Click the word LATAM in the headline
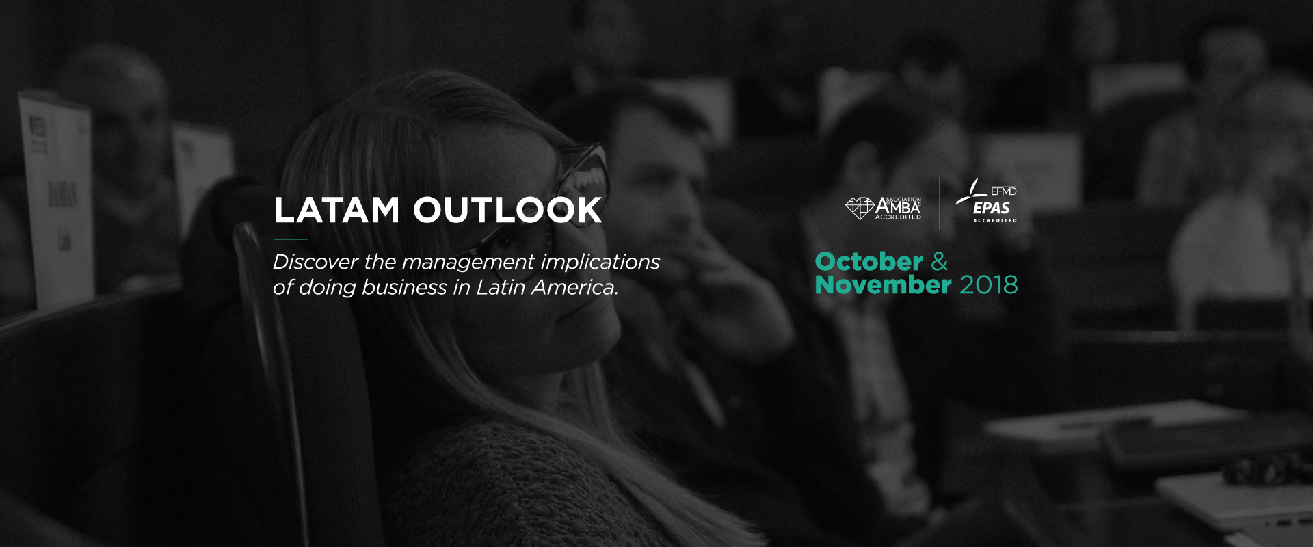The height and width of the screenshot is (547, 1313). pyautogui.click(x=336, y=210)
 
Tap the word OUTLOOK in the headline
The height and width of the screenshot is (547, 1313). pyautogui.click(x=507, y=210)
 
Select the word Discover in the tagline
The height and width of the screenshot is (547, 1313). pyautogui.click(x=315, y=262)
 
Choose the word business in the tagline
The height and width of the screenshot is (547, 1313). pyautogui.click(x=404, y=287)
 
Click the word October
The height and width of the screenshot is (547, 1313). pyautogui.click(x=869, y=261)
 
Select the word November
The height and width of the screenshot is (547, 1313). pyautogui.click(x=883, y=284)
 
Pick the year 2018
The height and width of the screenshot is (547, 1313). pyautogui.click(x=989, y=285)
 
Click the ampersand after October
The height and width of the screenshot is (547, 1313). pyautogui.click(x=940, y=261)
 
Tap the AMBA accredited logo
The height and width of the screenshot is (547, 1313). pyautogui.click(x=884, y=208)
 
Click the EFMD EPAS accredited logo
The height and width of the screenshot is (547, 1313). pyautogui.click(x=986, y=201)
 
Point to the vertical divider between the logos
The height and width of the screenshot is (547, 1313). pyautogui.click(x=940, y=204)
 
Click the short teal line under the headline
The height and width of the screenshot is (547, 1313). pyautogui.click(x=291, y=239)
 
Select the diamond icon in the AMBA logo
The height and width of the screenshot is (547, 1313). pyautogui.click(x=860, y=208)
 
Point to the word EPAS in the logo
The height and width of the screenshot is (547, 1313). pyautogui.click(x=992, y=208)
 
